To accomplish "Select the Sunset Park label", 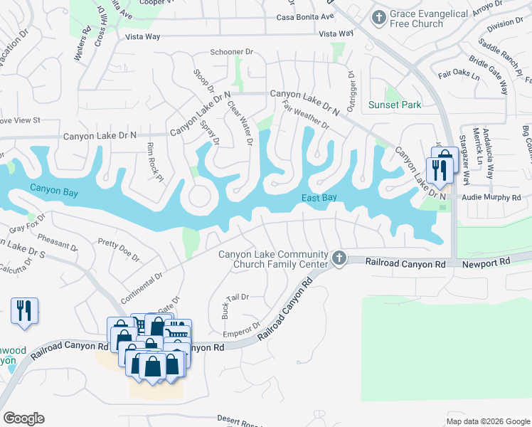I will (x=395, y=105).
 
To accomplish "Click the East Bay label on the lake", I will (x=318, y=198).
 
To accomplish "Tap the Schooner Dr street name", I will (x=232, y=52).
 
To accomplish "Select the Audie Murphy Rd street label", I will (x=491, y=197).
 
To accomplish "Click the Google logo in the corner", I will (x=23, y=418).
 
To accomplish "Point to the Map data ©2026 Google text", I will (x=487, y=421).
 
